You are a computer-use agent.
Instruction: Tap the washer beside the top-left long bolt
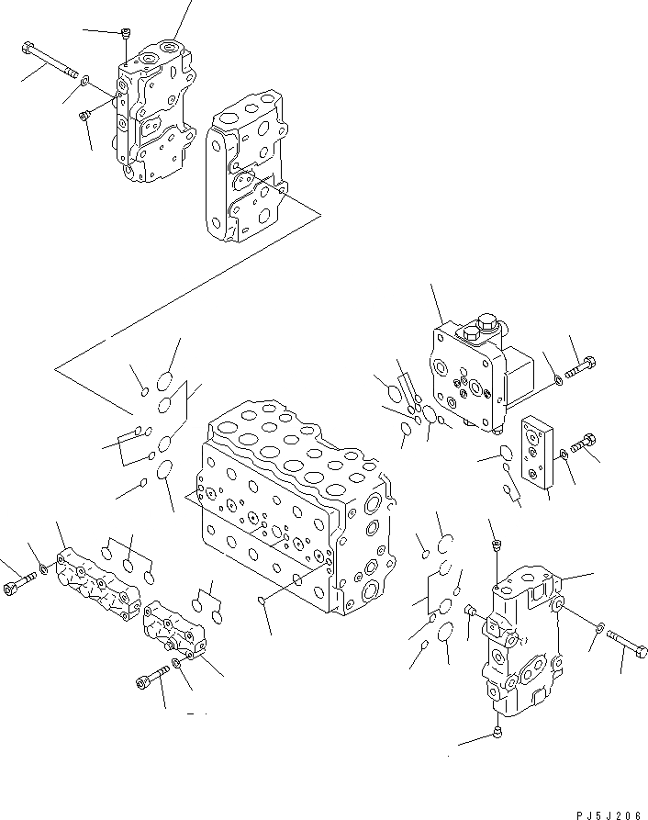coord(84,82)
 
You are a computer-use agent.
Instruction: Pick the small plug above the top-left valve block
coord(125,35)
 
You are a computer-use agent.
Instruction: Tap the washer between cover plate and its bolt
coord(562,456)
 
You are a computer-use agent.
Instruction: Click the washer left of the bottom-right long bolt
coord(598,628)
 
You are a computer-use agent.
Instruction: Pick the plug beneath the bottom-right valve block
coord(496,731)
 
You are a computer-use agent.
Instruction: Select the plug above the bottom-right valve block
coord(497,547)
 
